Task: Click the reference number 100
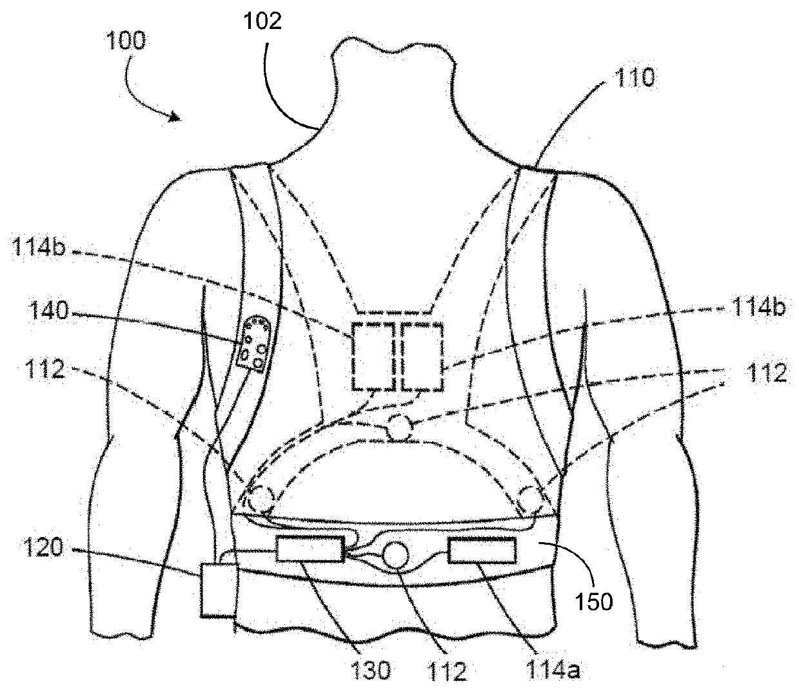click(x=127, y=41)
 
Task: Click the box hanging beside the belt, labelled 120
click(x=217, y=590)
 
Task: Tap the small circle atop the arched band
click(x=400, y=427)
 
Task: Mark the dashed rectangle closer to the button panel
click(x=373, y=356)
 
